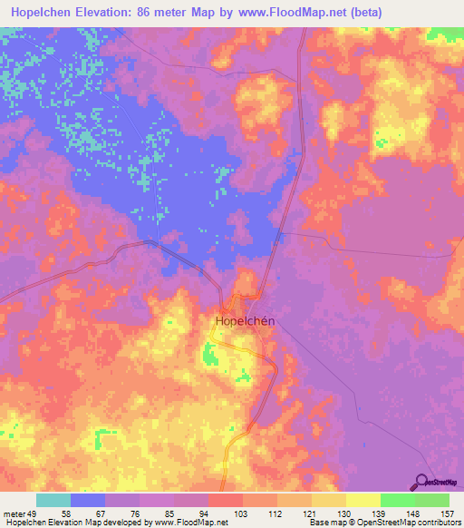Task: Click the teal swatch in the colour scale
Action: (x=53, y=501)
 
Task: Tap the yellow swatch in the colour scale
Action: (x=363, y=501)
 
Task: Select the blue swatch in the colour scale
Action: (x=88, y=501)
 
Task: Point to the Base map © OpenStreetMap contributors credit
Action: (x=382, y=522)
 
